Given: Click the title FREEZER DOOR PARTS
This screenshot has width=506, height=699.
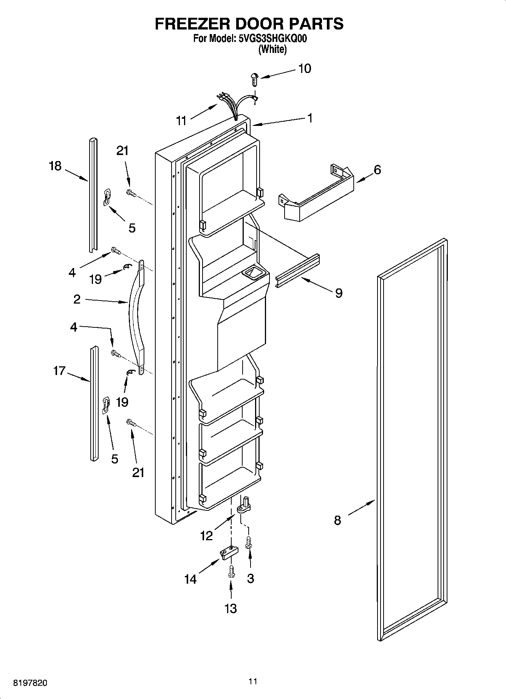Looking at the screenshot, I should [249, 23].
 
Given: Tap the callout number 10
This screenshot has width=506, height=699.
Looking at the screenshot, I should [305, 68].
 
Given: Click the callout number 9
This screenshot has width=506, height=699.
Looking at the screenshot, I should [339, 293].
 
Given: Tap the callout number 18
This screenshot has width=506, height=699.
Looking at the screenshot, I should [55, 166].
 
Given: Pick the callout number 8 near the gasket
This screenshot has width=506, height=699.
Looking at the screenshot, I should [337, 520].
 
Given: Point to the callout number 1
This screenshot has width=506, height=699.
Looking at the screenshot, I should [310, 118].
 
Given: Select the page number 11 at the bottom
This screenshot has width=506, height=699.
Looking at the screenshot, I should [253, 681].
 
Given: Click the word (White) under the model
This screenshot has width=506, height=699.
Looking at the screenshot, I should [272, 49].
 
